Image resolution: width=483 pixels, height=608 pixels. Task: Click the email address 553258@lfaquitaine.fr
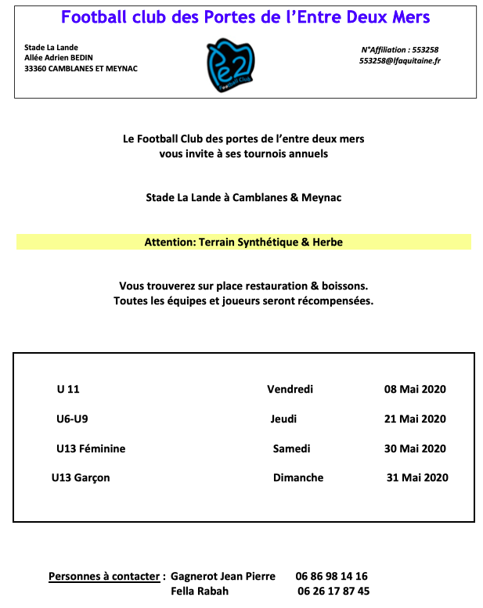tap(399, 61)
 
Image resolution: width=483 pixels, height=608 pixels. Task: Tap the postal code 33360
tap(35, 69)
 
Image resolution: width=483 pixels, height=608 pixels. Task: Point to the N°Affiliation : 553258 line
tap(399, 49)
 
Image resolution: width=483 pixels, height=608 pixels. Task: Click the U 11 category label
tap(68, 389)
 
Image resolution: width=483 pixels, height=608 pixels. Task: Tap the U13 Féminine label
tap(91, 448)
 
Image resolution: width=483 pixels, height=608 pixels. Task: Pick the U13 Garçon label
tap(81, 477)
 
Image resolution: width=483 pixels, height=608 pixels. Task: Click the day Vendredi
tap(290, 389)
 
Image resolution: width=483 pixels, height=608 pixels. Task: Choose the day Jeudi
tap(283, 419)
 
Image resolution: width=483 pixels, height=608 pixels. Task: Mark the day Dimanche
tap(297, 477)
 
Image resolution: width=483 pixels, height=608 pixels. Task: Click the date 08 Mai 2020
tap(415, 389)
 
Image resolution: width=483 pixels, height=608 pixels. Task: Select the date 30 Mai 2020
tap(415, 448)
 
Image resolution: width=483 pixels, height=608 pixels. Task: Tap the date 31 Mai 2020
tap(417, 477)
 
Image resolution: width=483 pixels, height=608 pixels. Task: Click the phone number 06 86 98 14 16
tap(332, 576)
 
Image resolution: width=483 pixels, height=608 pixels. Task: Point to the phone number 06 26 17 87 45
tap(333, 591)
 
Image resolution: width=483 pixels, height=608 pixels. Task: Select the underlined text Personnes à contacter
tap(104, 576)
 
